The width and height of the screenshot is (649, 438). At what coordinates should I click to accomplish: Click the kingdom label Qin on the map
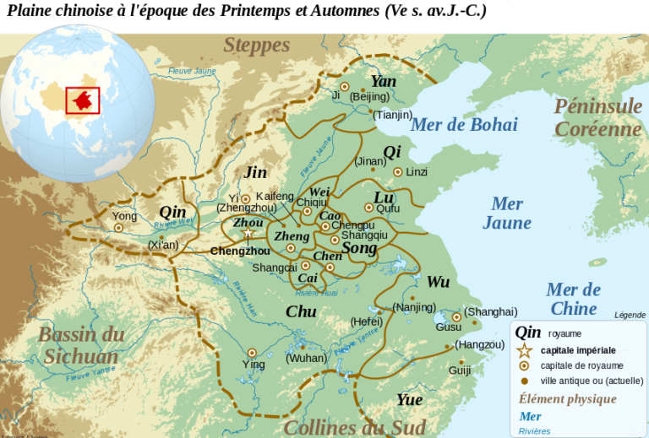(172, 212)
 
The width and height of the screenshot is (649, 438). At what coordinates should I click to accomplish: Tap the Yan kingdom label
(383, 82)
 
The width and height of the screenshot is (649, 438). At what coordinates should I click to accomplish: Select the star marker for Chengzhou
(248, 233)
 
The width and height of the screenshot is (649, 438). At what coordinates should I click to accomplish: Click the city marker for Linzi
(396, 171)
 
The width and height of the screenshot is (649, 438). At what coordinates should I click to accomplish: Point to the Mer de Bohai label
(463, 125)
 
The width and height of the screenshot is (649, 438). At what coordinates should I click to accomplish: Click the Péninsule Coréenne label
(597, 117)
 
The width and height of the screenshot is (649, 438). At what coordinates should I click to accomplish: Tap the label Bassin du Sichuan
(81, 344)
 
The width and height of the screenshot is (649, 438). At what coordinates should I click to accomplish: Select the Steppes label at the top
(256, 46)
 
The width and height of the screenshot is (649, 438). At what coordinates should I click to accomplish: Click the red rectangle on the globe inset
(83, 100)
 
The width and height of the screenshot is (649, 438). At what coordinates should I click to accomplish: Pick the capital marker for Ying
(251, 353)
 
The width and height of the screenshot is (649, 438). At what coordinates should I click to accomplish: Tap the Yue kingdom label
(409, 399)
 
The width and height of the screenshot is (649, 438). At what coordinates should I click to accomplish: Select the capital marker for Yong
(119, 227)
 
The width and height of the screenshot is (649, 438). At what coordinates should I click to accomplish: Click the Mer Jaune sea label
(507, 214)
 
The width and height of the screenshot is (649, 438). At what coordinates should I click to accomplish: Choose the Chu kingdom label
(301, 311)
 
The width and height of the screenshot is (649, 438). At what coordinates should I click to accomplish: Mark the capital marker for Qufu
(368, 208)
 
